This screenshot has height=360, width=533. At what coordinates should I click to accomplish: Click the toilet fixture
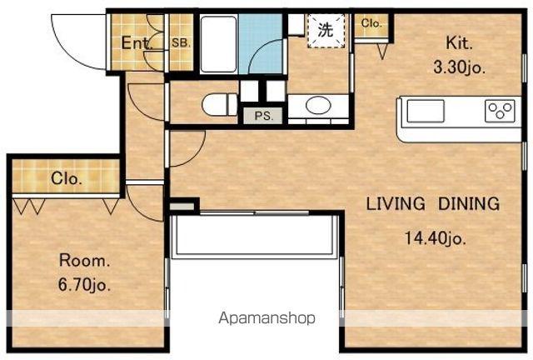pyautogui.click(x=220, y=104)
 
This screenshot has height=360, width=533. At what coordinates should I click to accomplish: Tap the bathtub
pyautogui.click(x=218, y=44)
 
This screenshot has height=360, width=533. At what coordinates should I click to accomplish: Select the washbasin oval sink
pyautogui.click(x=318, y=106)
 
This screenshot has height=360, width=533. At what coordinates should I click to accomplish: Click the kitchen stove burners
pyautogui.click(x=500, y=111)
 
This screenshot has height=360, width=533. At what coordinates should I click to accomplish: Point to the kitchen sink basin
pyautogui.click(x=426, y=111)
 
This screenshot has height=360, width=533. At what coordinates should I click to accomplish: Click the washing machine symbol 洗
pyautogui.click(x=326, y=31)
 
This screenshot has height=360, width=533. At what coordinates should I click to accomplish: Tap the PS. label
pyautogui.click(x=264, y=116)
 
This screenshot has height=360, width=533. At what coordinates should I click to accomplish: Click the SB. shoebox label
pyautogui.click(x=181, y=43)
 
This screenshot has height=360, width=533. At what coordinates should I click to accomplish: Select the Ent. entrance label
pyautogui.click(x=137, y=43)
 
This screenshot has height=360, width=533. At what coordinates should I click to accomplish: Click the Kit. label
pyautogui.click(x=459, y=43)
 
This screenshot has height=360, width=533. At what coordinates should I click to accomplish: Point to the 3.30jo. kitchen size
pyautogui.click(x=459, y=67)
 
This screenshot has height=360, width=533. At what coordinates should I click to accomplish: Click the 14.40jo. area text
pyautogui.click(x=435, y=237)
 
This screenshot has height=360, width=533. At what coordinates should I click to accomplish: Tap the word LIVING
pyautogui.click(x=396, y=203)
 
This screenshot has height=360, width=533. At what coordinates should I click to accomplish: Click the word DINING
pyautogui.click(x=469, y=203)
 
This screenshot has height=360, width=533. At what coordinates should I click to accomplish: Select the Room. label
pyautogui.click(x=85, y=261)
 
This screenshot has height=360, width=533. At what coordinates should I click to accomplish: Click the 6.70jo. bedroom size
pyautogui.click(x=85, y=284)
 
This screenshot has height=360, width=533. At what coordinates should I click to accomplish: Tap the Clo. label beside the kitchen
pyautogui.click(x=371, y=23)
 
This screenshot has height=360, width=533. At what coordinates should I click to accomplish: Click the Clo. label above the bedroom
pyautogui.click(x=67, y=178)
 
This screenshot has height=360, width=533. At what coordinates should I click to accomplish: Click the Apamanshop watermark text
pyautogui.click(x=266, y=318)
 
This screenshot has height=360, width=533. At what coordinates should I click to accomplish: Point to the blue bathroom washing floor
pyautogui.click(x=261, y=43)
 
